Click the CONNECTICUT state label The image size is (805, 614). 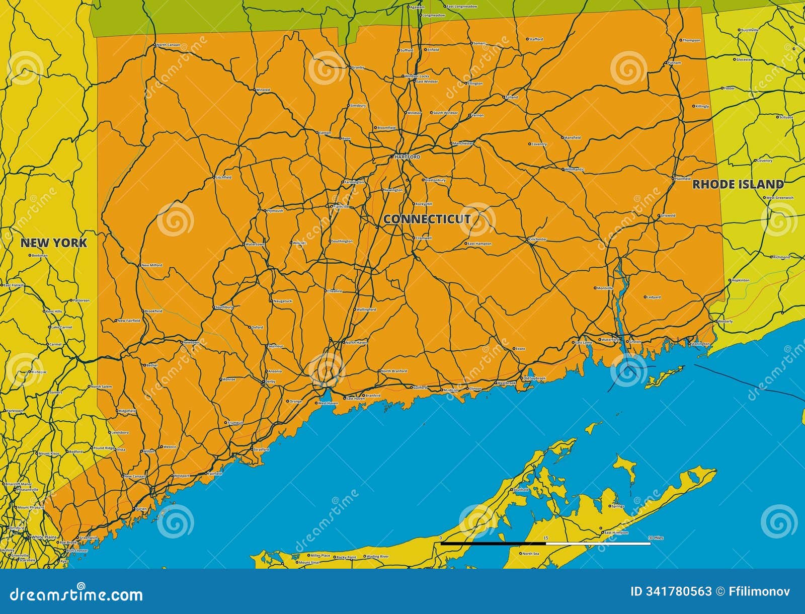pyautogui.click(x=427, y=219)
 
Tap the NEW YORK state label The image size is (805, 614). pyautogui.click(x=53, y=243)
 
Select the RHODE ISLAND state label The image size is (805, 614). pyautogui.click(x=738, y=184)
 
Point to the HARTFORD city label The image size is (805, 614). pyautogui.click(x=407, y=157)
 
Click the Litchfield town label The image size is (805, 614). pyautogui.click(x=223, y=178)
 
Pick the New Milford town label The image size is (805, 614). pyautogui.click(x=151, y=265)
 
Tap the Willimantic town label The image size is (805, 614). pyautogui.click(x=574, y=170)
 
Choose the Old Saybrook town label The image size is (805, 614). pyautogui.click(x=534, y=378)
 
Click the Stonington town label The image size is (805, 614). pyautogui.click(x=700, y=344)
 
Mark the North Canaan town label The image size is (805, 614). pyautogui.click(x=168, y=45)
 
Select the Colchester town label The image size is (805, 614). pyautogui.click(x=538, y=240)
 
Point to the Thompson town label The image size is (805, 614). pyautogui.click(x=691, y=40)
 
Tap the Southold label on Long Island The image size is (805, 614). pyautogui.click(x=521, y=490)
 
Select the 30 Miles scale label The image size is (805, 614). pyautogui.click(x=656, y=539)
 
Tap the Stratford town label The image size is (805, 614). pyautogui.click(x=261, y=449)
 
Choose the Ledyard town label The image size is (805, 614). pyautogui.click(x=654, y=297)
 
